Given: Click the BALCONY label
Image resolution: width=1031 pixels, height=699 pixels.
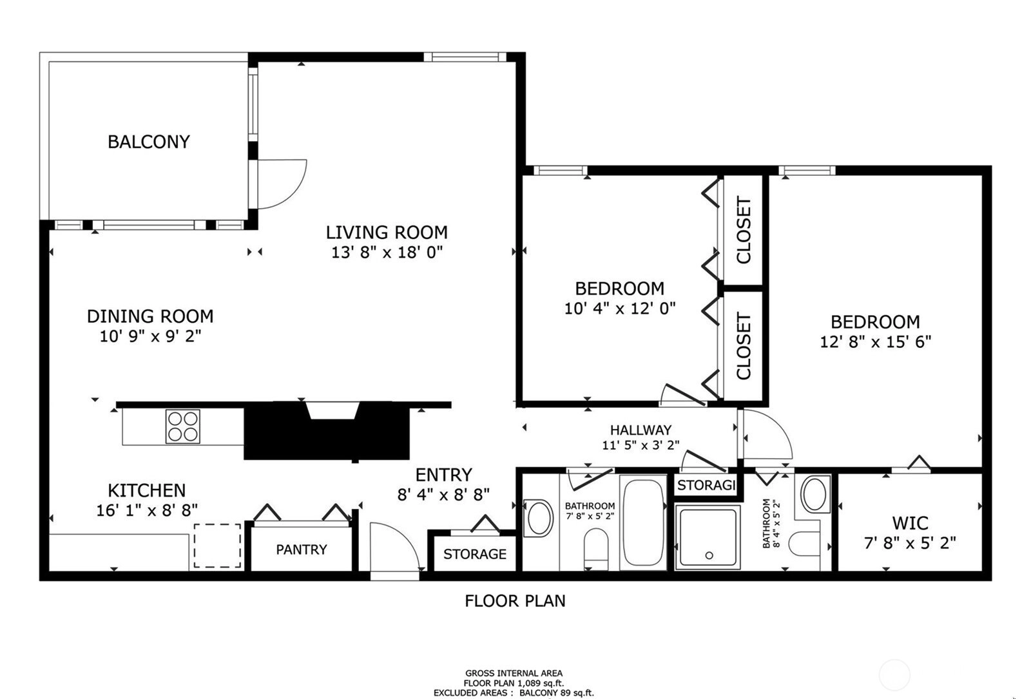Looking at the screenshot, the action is click(149, 142).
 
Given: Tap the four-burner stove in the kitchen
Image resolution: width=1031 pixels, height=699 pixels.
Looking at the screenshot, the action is click(183, 426).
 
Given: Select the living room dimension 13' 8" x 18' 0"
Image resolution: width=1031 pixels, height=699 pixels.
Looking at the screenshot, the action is click(387, 252).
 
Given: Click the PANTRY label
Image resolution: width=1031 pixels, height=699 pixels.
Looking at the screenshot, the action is click(302, 550).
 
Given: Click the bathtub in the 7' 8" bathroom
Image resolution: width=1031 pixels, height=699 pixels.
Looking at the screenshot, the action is click(643, 522).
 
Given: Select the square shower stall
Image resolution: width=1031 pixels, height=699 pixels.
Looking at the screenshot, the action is click(708, 537).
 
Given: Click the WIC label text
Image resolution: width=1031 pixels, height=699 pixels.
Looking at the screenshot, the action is click(910, 523).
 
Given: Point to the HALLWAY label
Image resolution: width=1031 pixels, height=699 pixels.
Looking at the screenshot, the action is click(641, 430).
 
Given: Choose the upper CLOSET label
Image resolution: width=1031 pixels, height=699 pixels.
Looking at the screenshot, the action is click(744, 230).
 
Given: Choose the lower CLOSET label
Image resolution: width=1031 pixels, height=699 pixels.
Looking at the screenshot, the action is click(744, 346).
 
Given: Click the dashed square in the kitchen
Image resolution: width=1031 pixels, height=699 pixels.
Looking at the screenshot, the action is click(217, 546).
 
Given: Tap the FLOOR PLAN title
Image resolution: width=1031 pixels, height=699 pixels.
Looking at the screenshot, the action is click(515, 601).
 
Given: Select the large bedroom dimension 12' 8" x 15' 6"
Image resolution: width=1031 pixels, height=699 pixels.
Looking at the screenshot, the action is click(876, 342).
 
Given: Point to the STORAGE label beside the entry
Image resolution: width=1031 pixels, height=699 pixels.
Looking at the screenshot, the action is click(475, 554).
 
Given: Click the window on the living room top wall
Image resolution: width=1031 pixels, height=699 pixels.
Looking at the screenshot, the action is click(465, 57).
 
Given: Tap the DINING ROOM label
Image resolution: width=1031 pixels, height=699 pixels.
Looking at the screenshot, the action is click(151, 316).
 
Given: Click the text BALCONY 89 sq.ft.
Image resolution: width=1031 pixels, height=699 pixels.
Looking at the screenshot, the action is click(557, 693).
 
